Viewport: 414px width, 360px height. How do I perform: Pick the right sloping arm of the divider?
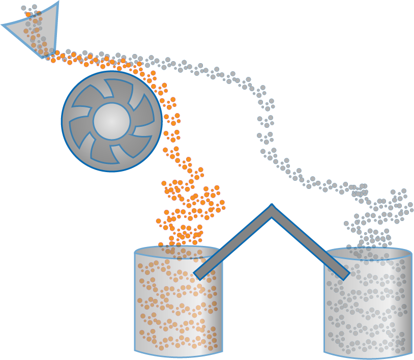[x=310, y=242]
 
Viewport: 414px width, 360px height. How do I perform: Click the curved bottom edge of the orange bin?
[x=178, y=354]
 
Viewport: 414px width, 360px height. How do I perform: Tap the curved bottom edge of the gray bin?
[x=367, y=355]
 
